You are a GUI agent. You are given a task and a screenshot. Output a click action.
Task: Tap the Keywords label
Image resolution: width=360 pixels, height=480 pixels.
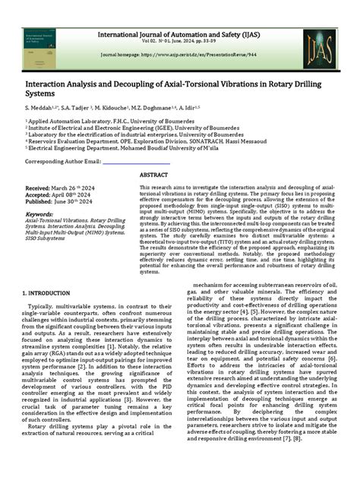[x=46, y=214]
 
